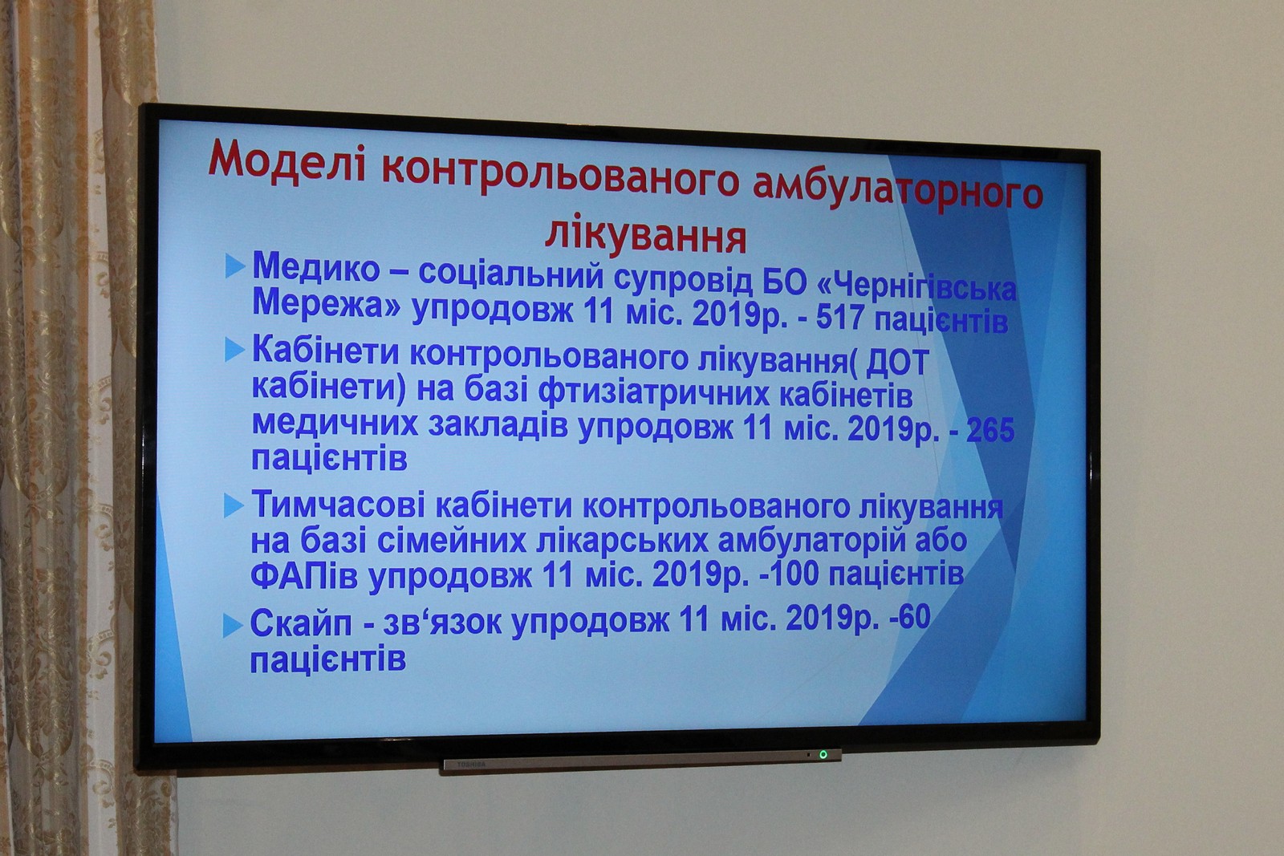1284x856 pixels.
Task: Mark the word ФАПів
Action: pos(304,576)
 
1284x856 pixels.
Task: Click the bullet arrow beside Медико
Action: pos(235,266)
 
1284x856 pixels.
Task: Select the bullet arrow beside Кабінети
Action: pos(234,350)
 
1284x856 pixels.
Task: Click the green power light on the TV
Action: pos(823,754)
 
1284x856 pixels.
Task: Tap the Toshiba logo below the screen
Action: pos(471,765)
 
